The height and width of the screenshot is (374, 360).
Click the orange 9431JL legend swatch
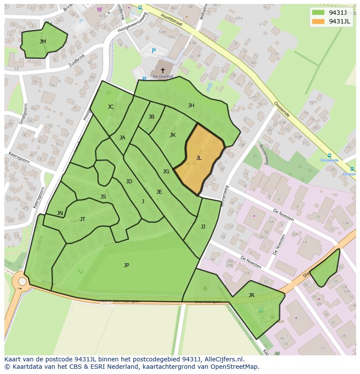click(x=318, y=21)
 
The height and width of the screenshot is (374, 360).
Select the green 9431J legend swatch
click(x=318, y=13)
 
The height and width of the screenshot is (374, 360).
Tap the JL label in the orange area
click(x=199, y=158)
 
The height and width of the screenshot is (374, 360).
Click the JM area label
click(x=43, y=42)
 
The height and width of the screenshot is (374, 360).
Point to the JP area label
click(x=127, y=265)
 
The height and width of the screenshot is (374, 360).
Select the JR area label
click(x=251, y=295)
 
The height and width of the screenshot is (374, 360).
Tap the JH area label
click(x=191, y=106)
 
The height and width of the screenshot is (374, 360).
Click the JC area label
click(x=110, y=107)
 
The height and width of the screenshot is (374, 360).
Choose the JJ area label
click(x=203, y=227)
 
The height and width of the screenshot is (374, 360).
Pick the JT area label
click(x=83, y=219)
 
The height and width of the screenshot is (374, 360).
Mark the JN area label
click(x=60, y=213)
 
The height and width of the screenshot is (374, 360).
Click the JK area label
click(x=173, y=135)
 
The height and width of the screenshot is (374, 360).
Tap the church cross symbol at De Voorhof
click(x=163, y=70)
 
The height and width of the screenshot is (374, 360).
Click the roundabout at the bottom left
click(x=21, y=282)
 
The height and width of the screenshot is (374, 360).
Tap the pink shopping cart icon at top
click(x=100, y=9)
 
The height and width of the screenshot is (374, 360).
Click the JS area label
click(x=103, y=197)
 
